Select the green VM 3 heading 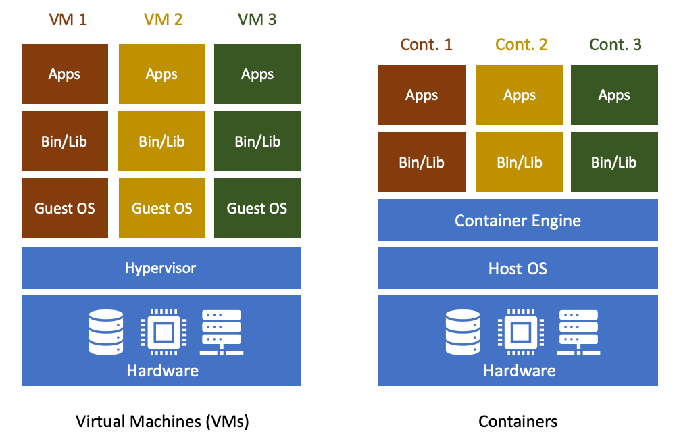click(257, 20)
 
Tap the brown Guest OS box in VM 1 click(64, 208)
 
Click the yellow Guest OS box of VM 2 click(161, 208)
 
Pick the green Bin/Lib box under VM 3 click(257, 141)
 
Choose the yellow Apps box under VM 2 click(161, 74)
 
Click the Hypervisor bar click(161, 268)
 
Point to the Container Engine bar click(518, 220)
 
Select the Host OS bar click(518, 268)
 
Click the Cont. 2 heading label click(521, 45)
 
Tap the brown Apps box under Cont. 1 click(422, 95)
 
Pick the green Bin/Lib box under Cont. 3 click(613, 162)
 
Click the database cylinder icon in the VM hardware click(106, 332)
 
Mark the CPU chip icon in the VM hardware click(162, 332)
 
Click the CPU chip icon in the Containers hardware click(519, 332)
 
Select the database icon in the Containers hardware click(463, 332)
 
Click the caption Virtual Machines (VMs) click(162, 422)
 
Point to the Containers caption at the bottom click(518, 422)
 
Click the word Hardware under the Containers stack click(519, 370)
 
